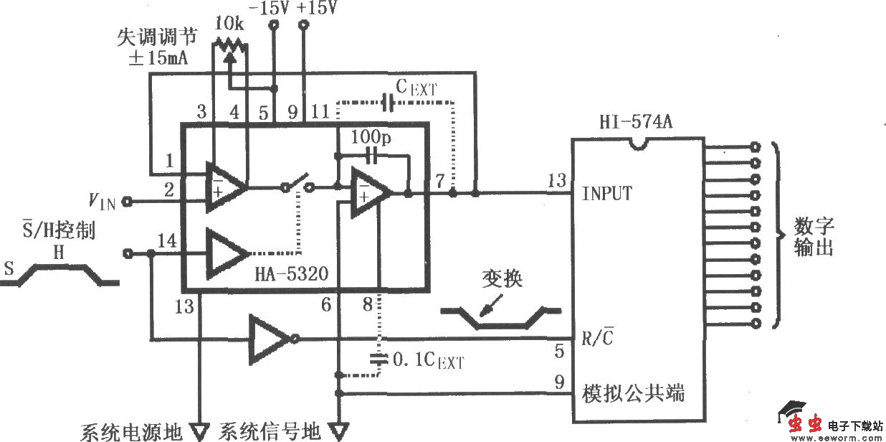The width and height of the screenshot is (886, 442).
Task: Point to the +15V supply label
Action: [315, 9]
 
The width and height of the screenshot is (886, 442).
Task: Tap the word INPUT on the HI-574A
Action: [606, 194]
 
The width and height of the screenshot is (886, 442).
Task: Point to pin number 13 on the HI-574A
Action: [556, 179]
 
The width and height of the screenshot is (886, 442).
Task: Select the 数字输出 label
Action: [814, 238]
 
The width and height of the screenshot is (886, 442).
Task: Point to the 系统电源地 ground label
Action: [131, 432]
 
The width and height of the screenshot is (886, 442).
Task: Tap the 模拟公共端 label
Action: [633, 393]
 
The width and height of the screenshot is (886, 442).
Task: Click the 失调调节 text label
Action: [158, 38]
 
